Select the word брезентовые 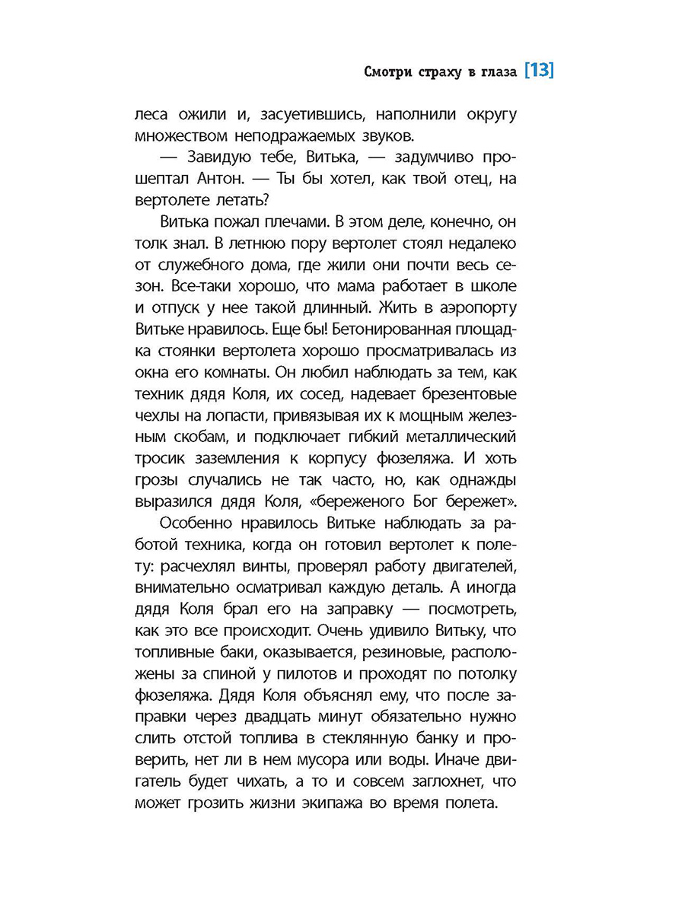460,396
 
